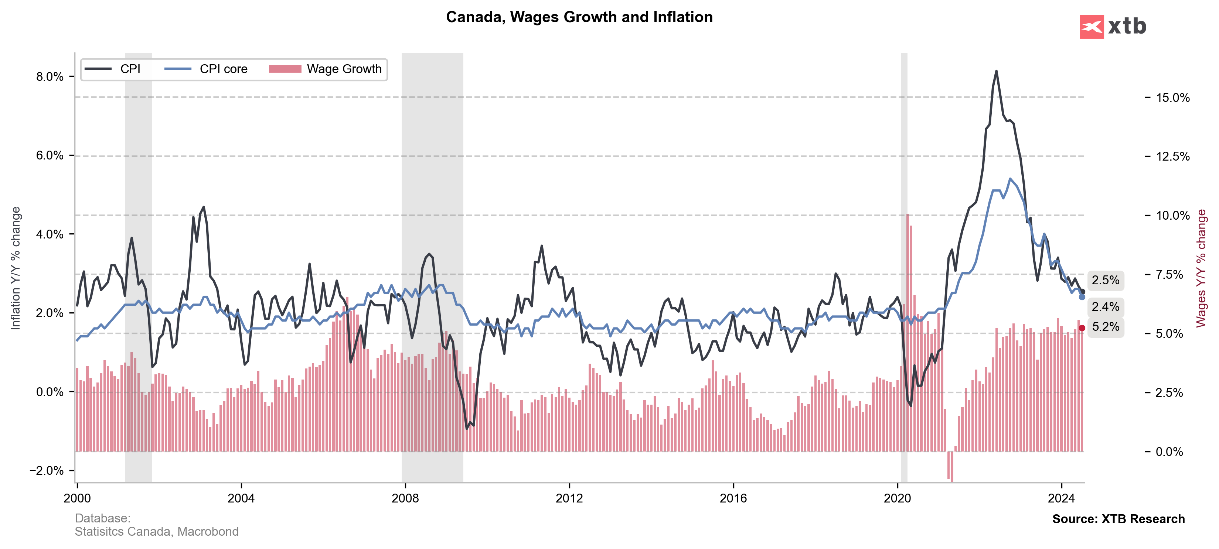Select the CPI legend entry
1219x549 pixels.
[113, 69]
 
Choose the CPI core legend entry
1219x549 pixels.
[206, 69]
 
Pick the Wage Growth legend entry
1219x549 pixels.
[326, 69]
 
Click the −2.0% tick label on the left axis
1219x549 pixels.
[47, 470]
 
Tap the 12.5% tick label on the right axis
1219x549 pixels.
[1172, 157]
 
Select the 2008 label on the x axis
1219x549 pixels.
[405, 498]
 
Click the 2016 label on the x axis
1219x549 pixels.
[733, 498]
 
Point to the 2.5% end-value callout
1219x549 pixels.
[1106, 281]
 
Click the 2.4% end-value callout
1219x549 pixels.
[1106, 307]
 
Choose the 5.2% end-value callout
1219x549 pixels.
[1106, 327]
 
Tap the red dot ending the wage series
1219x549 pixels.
[1082, 328]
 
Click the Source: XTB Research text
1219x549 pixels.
[1118, 519]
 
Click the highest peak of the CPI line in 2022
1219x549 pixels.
[996, 71]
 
